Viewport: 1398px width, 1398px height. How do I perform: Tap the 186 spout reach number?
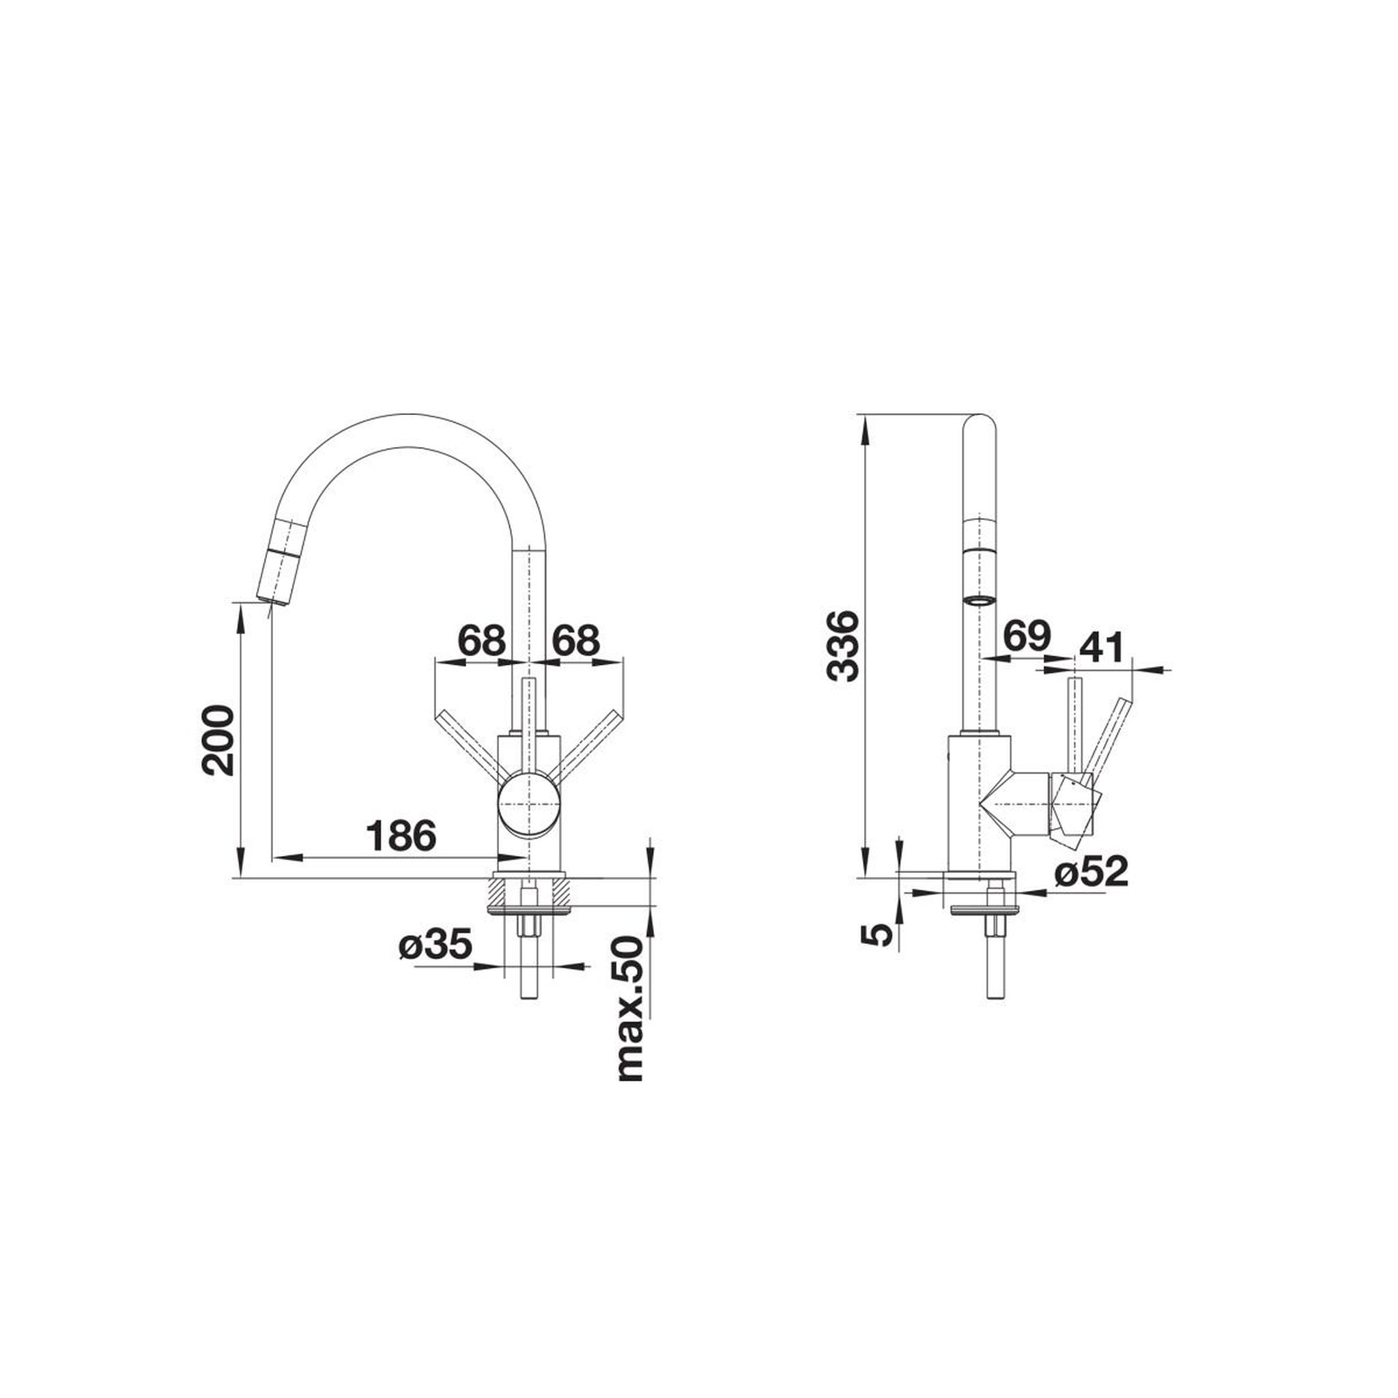[x=401, y=836]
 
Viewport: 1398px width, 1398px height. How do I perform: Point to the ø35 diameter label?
[x=435, y=945]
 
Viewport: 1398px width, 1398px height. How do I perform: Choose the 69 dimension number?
[x=1026, y=637]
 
